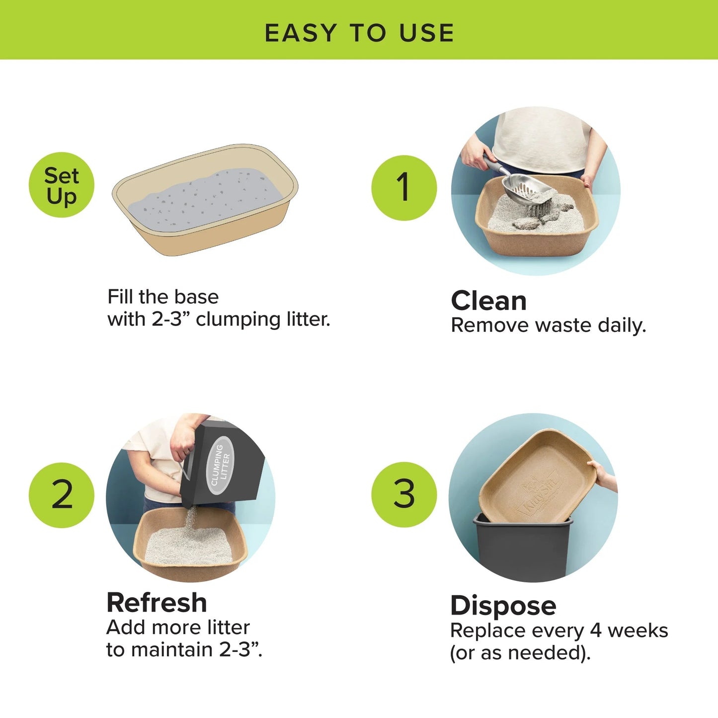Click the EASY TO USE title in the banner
tap(359, 33)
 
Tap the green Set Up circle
tap(61, 185)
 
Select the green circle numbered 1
tap(403, 187)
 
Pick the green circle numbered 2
tap(61, 494)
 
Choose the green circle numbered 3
tap(403, 494)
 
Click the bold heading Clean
tap(488, 301)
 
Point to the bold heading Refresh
tap(157, 602)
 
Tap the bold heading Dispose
tap(503, 605)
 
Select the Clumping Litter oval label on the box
tap(220, 466)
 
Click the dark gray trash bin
tap(522, 552)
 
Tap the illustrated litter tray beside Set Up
tap(205, 200)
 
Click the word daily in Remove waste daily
tap(621, 325)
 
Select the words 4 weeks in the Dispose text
tap(629, 631)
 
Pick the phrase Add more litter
tap(178, 627)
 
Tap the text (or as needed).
tap(520, 652)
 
